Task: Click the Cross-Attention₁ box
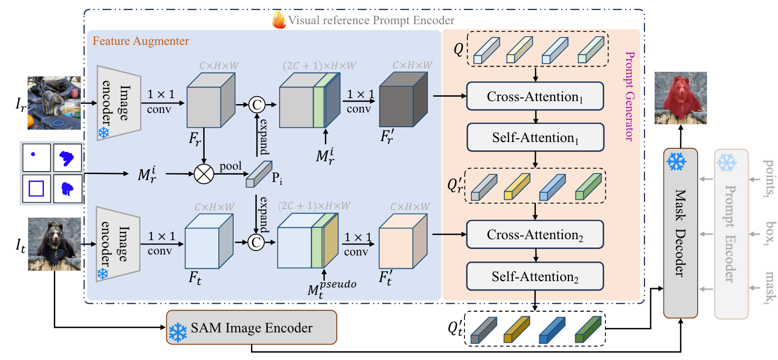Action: [x=535, y=96]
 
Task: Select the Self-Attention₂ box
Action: [x=535, y=277]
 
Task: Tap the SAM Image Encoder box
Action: [x=251, y=327]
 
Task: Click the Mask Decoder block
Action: [x=680, y=233]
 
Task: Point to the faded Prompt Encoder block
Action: [x=731, y=234]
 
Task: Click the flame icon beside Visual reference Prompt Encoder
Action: [x=279, y=20]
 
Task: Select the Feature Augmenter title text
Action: [x=141, y=41]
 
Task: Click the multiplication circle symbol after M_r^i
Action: [x=204, y=174]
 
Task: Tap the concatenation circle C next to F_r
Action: [x=256, y=105]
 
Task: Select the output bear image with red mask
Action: [x=680, y=98]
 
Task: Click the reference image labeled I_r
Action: [x=54, y=103]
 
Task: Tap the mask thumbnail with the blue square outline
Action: [x=36, y=188]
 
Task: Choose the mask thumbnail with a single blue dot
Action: [x=36, y=157]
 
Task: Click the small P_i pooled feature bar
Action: [x=258, y=175]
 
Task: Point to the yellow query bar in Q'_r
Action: [x=516, y=187]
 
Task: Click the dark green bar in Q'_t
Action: [x=588, y=330]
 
